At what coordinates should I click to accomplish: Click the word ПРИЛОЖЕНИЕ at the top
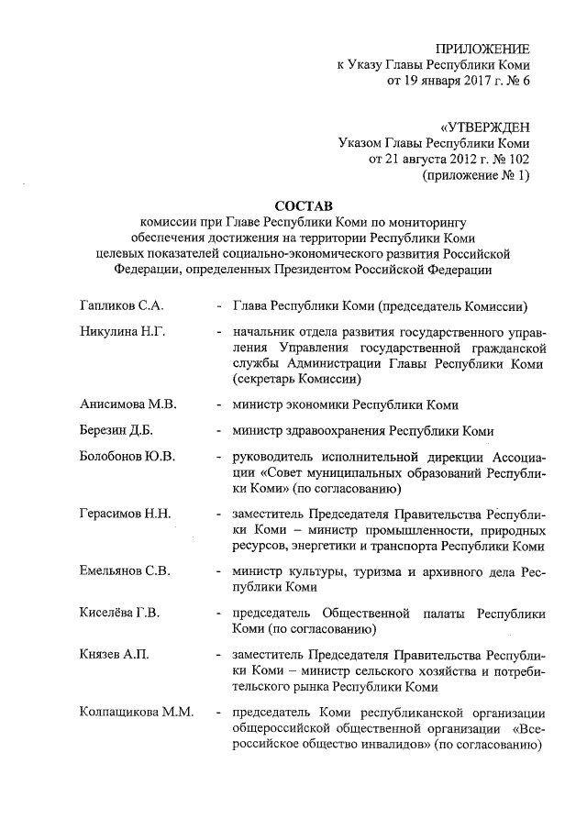click(484, 49)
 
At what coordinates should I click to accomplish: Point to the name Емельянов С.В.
click(126, 571)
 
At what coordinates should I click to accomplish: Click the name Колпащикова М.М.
click(136, 712)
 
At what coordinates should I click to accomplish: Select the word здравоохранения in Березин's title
click(338, 430)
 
